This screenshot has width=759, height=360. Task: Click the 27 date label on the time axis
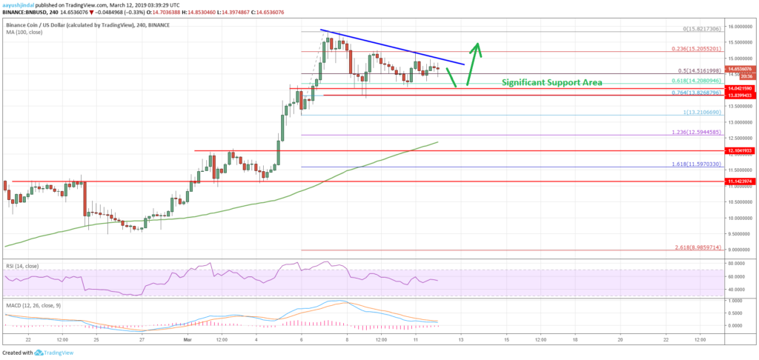pos(142,339)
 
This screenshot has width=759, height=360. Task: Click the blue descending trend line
pos(393,47)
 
